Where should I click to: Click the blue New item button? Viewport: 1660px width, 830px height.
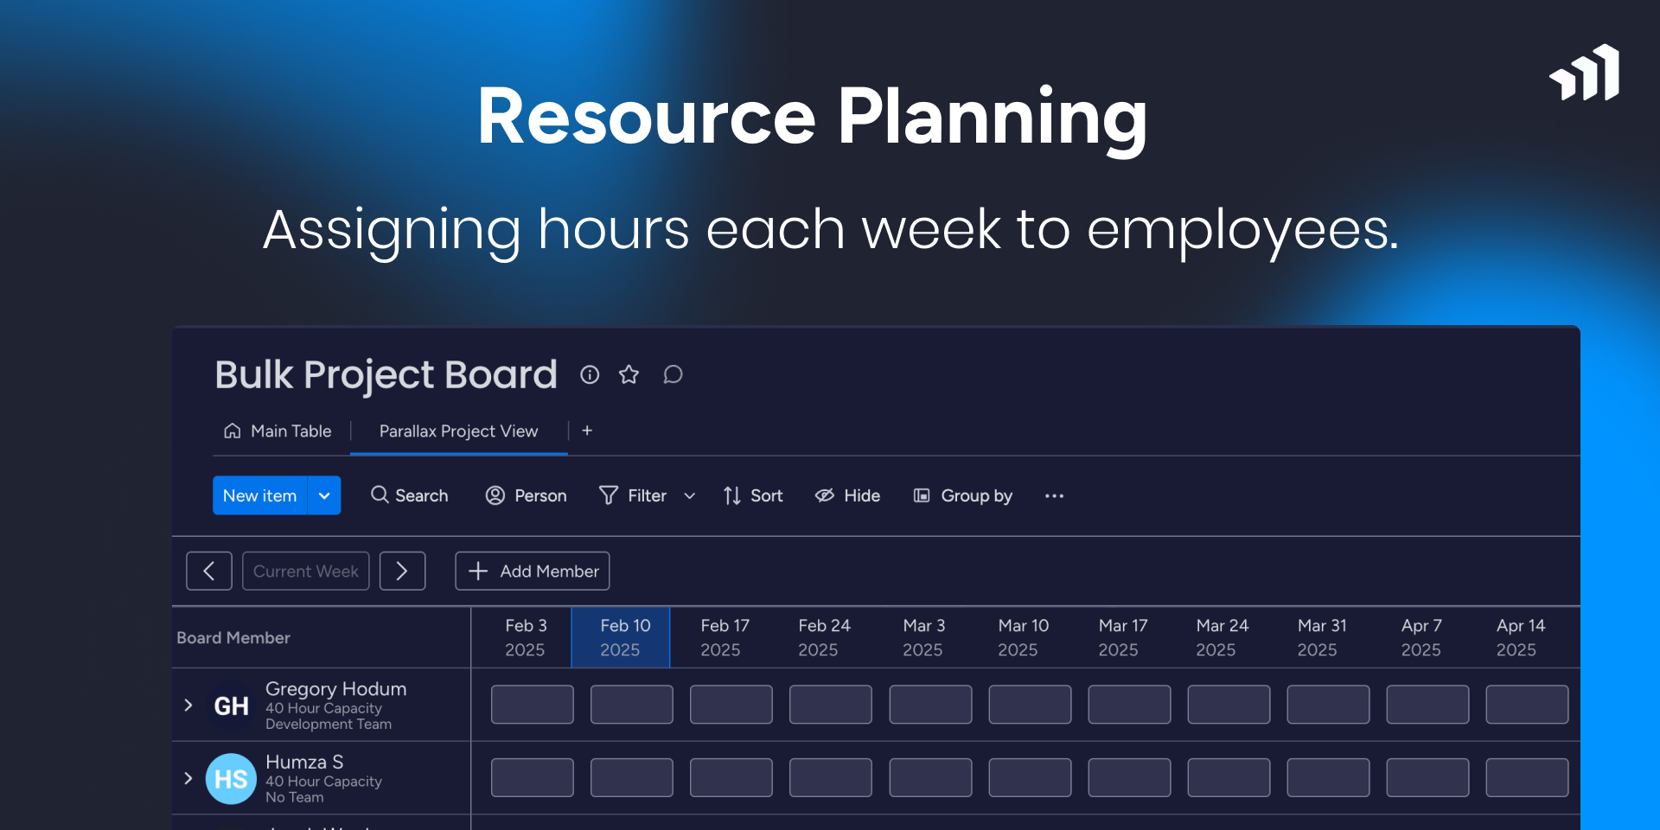[x=259, y=495]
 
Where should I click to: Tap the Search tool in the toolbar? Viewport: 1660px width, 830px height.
[x=410, y=495]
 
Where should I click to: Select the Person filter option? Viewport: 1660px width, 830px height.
[x=526, y=495]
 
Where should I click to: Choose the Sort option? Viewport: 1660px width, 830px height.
[x=753, y=495]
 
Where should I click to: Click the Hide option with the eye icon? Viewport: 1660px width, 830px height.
[x=847, y=495]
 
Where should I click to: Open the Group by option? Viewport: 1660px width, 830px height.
[x=962, y=495]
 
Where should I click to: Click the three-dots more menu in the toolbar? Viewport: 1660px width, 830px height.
[x=1054, y=495]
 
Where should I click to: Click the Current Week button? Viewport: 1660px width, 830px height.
[x=306, y=571]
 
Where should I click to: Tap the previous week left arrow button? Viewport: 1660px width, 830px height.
[x=209, y=571]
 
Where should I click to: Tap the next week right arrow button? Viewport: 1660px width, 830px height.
[x=402, y=571]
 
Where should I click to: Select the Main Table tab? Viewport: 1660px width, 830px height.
[x=278, y=431]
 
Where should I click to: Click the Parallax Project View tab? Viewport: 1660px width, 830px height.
[x=458, y=431]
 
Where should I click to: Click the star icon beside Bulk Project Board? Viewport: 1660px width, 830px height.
[x=629, y=374]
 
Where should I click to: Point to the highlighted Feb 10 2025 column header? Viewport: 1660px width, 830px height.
[x=621, y=637]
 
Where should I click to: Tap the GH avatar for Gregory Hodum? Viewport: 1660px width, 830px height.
[x=231, y=706]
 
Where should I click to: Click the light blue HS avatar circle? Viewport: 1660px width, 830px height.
[x=231, y=779]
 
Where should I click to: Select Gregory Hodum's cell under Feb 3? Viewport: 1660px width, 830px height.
[x=533, y=705]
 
